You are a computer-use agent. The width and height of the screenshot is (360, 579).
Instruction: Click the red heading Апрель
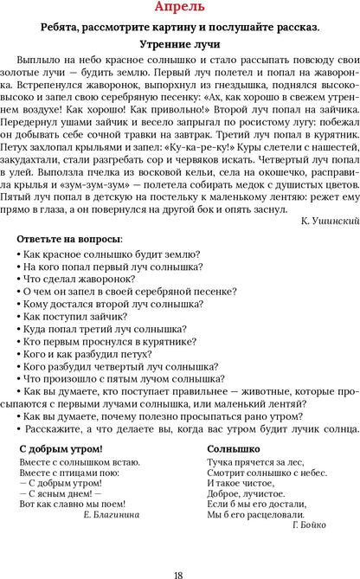click(x=179, y=9)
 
